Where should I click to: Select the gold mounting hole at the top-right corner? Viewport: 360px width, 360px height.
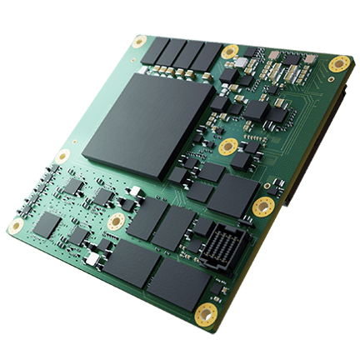tap(337, 63)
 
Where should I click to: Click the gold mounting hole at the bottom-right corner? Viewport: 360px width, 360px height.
tap(205, 313)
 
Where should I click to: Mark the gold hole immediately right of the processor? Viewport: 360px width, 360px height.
tap(227, 147)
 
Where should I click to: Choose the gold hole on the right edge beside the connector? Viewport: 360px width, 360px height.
tap(263, 207)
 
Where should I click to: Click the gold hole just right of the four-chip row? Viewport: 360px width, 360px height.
tap(229, 52)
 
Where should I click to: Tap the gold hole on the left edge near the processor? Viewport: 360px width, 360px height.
tap(62, 157)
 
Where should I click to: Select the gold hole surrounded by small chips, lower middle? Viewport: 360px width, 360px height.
tap(117, 221)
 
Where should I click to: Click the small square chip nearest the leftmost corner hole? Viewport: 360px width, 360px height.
tap(50, 222)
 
